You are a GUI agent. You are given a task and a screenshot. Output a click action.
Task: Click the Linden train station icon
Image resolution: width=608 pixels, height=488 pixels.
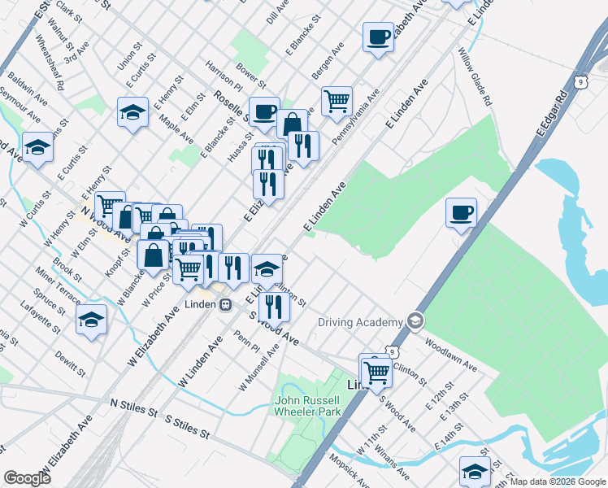point(225,304)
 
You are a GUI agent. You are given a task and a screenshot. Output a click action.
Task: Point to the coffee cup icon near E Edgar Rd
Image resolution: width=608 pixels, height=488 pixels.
point(461,212)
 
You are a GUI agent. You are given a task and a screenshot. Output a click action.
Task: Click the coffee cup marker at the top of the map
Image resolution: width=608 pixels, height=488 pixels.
point(378,37)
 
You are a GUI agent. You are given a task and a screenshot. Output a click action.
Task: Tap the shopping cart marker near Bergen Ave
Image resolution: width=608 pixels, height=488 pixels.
point(337,102)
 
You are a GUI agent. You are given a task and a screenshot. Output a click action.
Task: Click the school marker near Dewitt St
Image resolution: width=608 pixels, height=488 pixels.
point(92,320)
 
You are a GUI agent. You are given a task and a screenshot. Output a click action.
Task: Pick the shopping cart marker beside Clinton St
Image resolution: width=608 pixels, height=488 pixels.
point(376,373)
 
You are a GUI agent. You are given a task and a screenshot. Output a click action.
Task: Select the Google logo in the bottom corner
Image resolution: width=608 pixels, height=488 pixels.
point(27,478)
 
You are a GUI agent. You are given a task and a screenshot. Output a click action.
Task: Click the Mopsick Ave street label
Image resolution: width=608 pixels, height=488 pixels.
point(347,470)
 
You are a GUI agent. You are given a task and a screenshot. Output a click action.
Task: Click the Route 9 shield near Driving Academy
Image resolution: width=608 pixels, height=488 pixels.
point(393,351)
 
